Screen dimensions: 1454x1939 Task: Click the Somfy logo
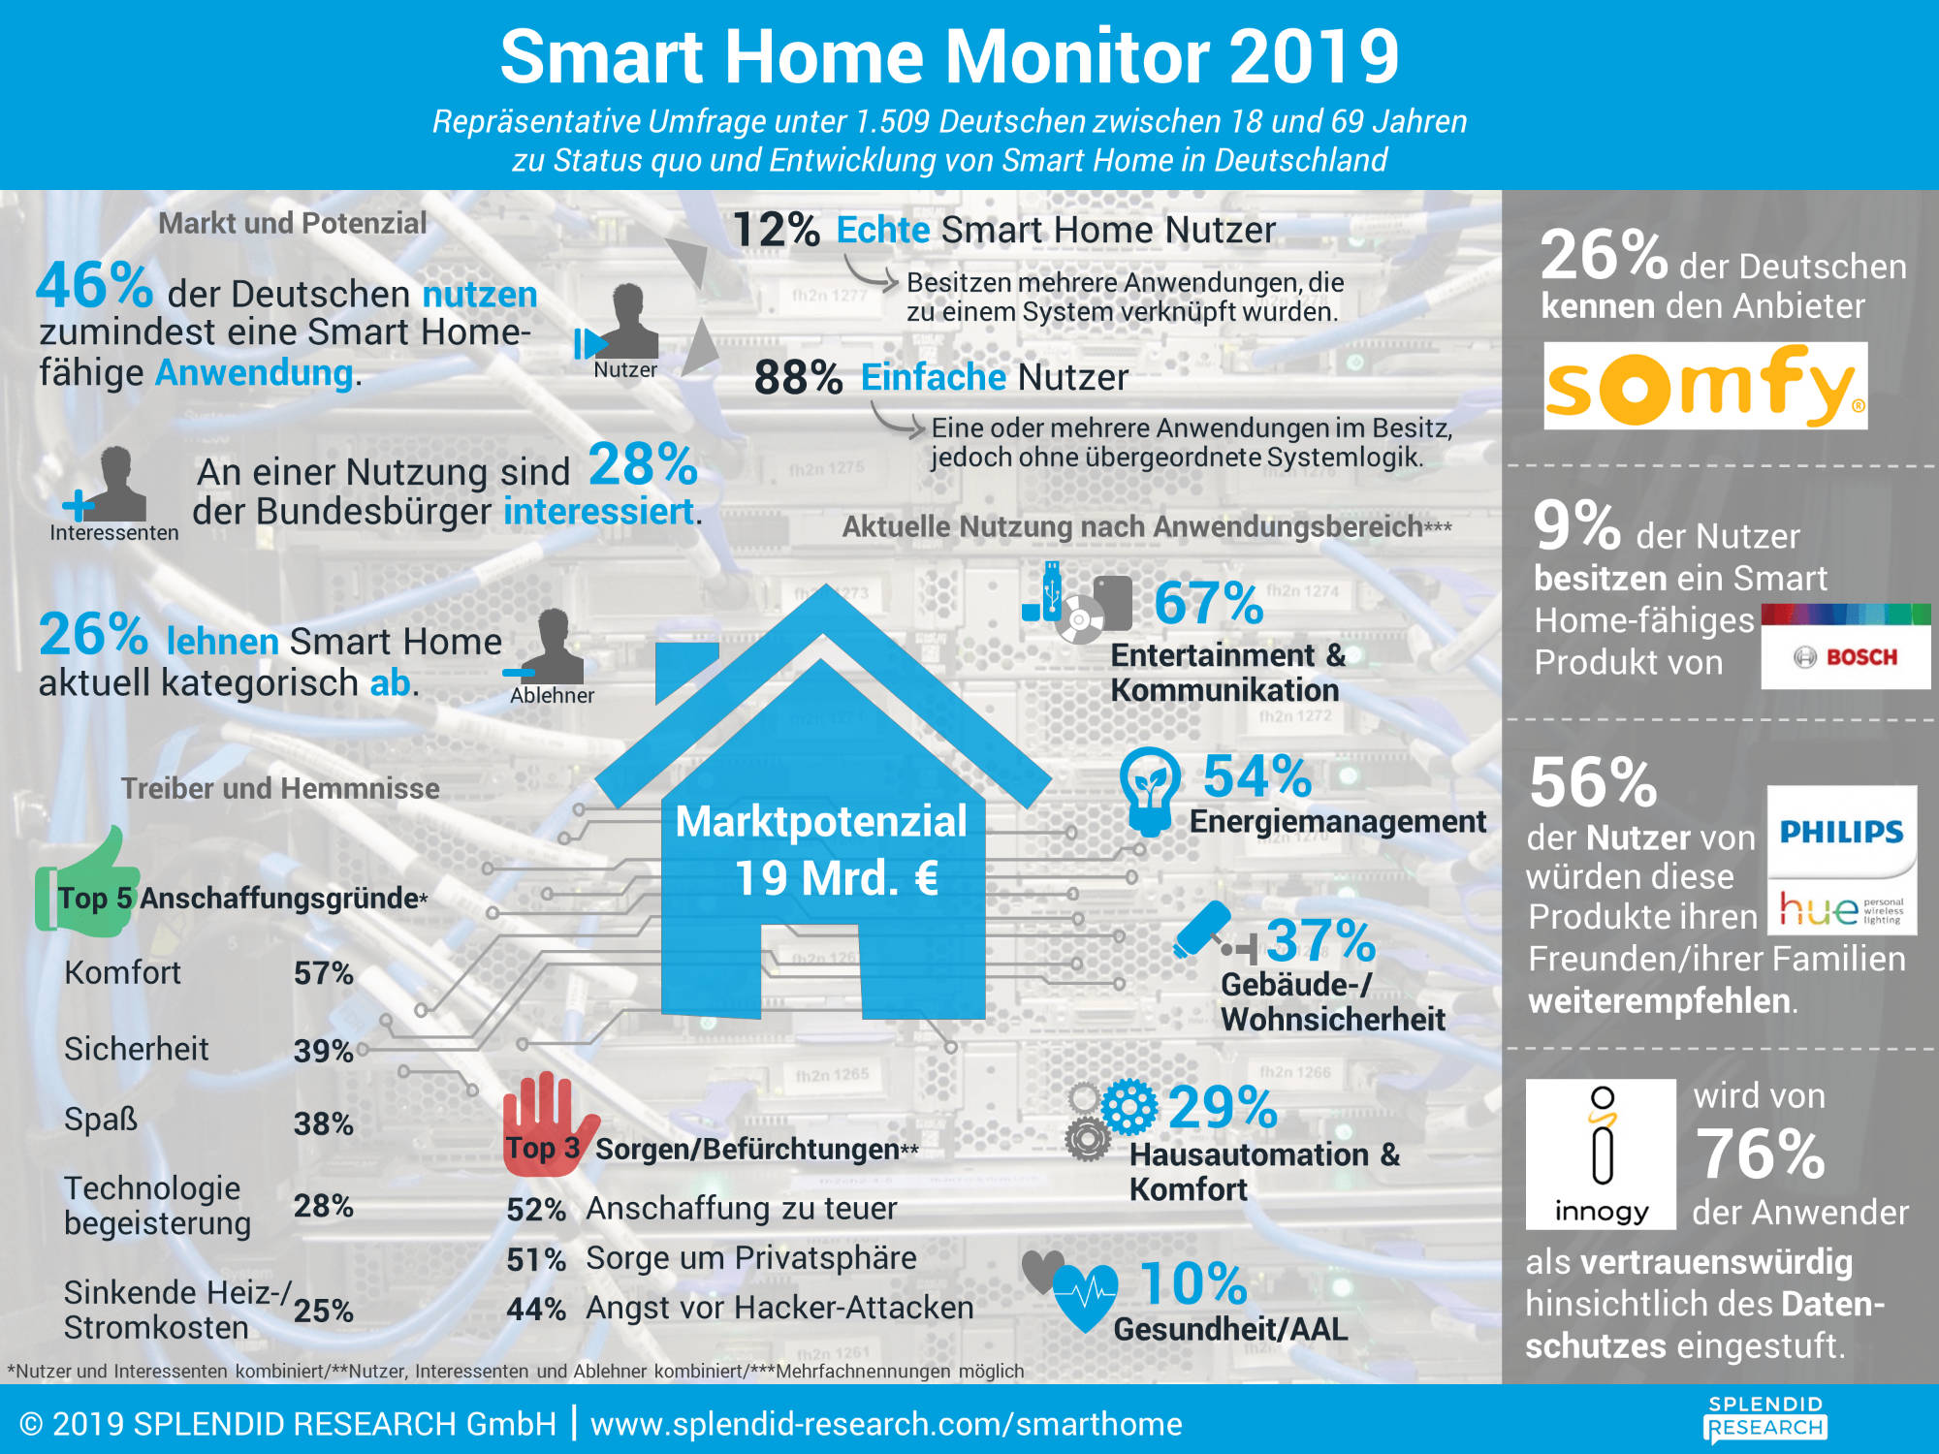coord(1704,386)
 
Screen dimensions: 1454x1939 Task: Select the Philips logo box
coord(1841,832)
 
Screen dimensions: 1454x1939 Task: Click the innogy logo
coord(1601,1154)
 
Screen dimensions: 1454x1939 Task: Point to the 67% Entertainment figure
coord(1208,603)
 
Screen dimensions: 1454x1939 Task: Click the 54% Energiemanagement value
coord(1257,776)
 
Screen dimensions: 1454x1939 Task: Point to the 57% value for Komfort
coord(323,973)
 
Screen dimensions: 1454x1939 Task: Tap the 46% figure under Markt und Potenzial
coord(94,286)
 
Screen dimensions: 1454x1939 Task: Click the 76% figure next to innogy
coord(1760,1154)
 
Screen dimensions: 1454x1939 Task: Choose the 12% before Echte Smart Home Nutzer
coord(776,231)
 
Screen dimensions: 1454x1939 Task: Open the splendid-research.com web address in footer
coord(886,1424)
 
